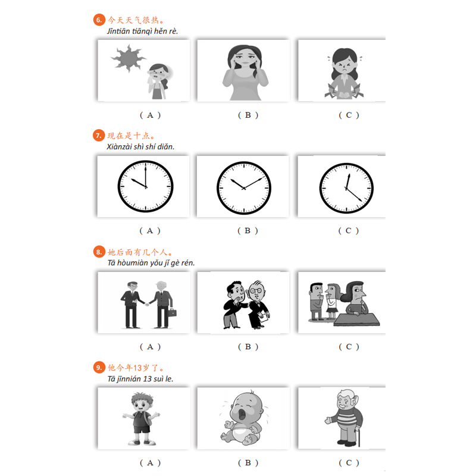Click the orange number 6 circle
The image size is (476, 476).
click(x=99, y=20)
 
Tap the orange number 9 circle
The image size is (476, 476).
click(x=99, y=368)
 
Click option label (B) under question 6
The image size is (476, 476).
click(x=248, y=115)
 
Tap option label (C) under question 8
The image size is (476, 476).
click(x=349, y=347)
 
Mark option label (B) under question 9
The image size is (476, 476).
click(x=248, y=462)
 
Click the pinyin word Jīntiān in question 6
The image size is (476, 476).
click(x=121, y=31)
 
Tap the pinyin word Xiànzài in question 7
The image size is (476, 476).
click(x=120, y=147)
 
